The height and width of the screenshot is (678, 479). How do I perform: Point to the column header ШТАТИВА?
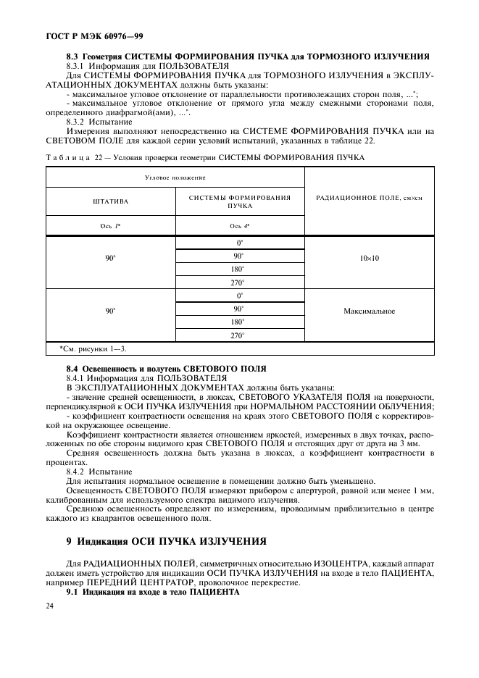pos(111,203)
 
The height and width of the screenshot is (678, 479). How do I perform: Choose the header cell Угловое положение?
pos(175,177)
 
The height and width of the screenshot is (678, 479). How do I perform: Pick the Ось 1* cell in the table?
pos(111,226)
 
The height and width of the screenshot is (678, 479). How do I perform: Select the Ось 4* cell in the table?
pos(239,226)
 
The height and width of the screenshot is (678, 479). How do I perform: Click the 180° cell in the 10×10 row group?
pos(239,270)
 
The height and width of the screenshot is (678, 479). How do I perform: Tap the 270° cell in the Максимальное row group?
pos(239,335)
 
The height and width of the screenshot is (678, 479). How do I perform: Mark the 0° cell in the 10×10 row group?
pos(239,243)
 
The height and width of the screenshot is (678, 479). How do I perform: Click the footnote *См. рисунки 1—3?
pos(93,349)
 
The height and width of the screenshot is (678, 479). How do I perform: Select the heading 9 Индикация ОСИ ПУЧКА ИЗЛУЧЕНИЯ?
pos(167,540)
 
